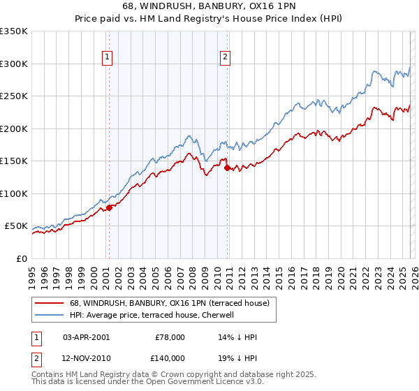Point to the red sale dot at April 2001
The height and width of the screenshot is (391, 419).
(x=109, y=207)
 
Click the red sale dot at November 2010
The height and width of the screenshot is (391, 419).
(x=228, y=168)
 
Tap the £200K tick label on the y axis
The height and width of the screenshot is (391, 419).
(x=14, y=128)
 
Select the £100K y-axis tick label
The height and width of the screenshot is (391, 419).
(x=14, y=193)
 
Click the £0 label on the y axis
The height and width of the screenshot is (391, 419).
(x=21, y=258)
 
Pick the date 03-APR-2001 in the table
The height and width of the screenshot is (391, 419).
(x=86, y=337)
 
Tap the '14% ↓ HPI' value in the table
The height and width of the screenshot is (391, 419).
(x=238, y=337)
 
